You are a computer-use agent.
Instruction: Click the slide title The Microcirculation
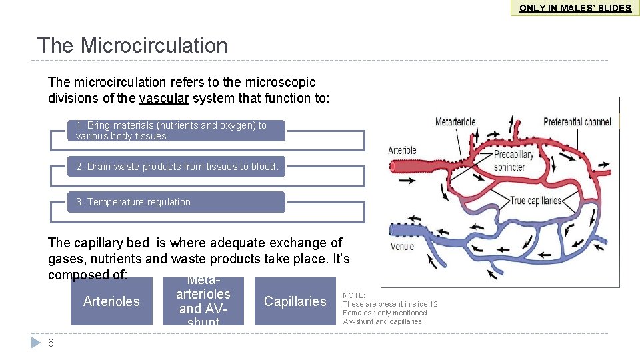click(x=132, y=45)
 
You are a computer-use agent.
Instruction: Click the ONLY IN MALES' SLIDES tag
click(x=575, y=8)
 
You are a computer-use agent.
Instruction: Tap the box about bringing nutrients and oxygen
click(x=175, y=131)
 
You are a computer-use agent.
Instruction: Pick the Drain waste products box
click(x=176, y=167)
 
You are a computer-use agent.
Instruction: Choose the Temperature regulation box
click(x=175, y=202)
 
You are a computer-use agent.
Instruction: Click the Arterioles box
click(x=111, y=301)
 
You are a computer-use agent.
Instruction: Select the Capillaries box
click(x=295, y=301)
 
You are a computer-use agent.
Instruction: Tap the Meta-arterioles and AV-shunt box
click(x=203, y=301)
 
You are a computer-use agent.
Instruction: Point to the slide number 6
click(x=51, y=343)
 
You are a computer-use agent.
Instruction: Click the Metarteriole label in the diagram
click(x=455, y=122)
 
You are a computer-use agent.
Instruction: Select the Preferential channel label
click(x=577, y=122)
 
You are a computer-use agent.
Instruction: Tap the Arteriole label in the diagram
click(x=402, y=151)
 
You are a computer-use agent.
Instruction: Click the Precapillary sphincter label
click(x=514, y=161)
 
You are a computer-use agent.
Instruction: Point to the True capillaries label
click(x=536, y=201)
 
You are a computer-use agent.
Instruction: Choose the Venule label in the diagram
click(x=402, y=247)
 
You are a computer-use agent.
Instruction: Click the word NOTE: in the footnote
click(x=354, y=295)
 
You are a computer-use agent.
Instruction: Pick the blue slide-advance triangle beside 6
click(x=36, y=343)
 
